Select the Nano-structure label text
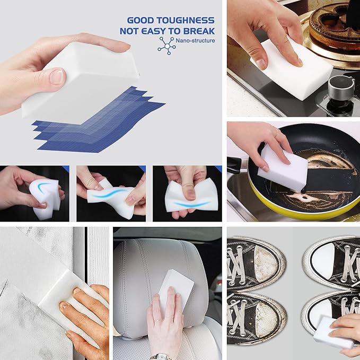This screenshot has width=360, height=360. (x=197, y=40)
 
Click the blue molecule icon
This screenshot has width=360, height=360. (x=166, y=46)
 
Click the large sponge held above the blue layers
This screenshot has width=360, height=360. (x=80, y=80)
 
